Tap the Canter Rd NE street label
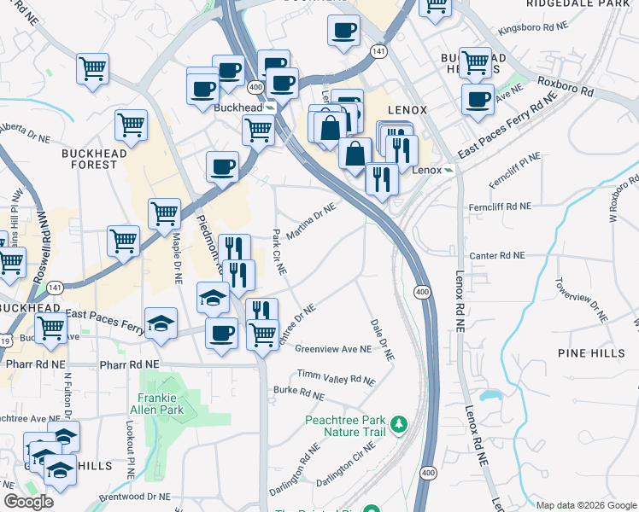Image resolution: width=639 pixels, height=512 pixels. click(496, 255)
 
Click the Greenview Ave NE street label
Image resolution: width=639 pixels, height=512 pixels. click(333, 349)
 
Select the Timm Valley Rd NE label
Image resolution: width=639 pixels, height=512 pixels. click(336, 376)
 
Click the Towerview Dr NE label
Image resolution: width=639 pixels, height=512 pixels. click(581, 300)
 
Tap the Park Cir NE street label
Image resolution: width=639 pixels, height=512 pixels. click(278, 251)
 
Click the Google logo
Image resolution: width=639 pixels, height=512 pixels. click(28, 502)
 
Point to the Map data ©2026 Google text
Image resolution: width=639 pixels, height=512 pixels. click(585, 505)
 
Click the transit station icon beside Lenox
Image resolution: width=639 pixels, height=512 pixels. click(449, 170)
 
